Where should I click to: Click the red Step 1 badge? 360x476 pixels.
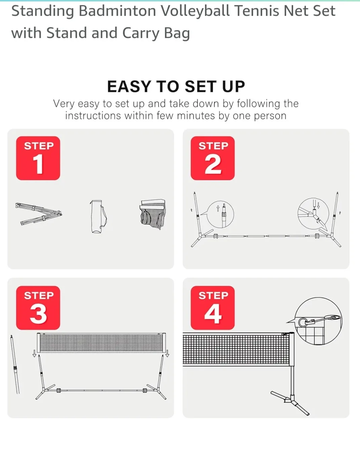(38, 158)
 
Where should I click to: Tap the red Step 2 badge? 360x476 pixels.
(212, 158)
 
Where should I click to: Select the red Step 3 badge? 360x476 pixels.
(38, 307)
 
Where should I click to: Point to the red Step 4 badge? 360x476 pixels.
(212, 307)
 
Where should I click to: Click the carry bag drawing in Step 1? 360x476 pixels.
(98, 217)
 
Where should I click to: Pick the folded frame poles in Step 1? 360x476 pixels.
(39, 214)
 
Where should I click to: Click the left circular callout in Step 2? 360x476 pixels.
(220, 214)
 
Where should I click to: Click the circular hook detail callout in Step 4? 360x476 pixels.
(318, 321)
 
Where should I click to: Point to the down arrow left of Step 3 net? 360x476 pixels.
(34, 353)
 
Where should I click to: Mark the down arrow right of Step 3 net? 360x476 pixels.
(167, 353)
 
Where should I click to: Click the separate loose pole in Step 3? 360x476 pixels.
(15, 364)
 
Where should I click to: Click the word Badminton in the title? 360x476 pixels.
(117, 11)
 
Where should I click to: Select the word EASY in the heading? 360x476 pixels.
(129, 87)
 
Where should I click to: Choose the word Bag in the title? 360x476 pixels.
(177, 34)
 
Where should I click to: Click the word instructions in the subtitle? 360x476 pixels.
(93, 116)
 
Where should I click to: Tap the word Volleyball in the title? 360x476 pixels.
(195, 11)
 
